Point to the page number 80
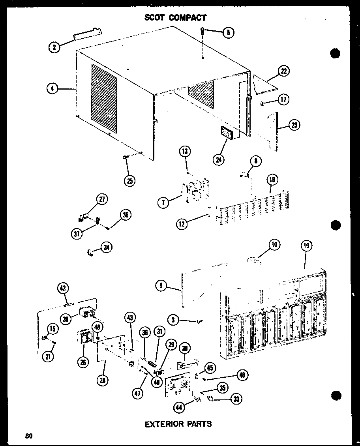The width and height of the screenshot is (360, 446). tap(28, 436)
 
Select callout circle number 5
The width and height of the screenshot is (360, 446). tap(228, 32)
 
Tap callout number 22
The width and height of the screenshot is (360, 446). tap(283, 71)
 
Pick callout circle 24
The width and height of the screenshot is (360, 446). tap(219, 160)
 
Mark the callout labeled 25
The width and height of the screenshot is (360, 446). tap(129, 181)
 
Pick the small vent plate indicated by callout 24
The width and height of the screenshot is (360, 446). tap(227, 133)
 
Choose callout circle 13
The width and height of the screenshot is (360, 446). tap(186, 151)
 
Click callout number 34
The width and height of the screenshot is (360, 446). tap(106, 247)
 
